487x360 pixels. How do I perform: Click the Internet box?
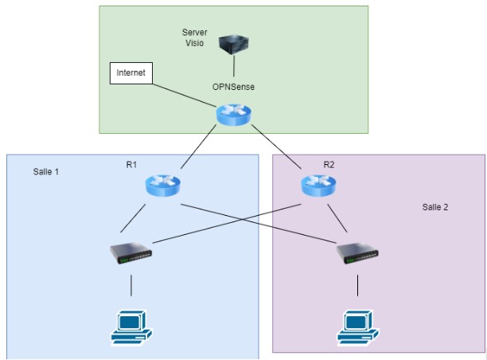pyautogui.click(x=131, y=73)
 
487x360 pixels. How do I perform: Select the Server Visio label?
pyautogui.click(x=195, y=37)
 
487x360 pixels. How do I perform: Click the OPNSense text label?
pyautogui.click(x=233, y=85)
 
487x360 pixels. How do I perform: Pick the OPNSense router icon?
pyautogui.click(x=233, y=116)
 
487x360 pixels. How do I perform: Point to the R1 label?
pyautogui.click(x=132, y=164)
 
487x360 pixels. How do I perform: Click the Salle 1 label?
pyautogui.click(x=46, y=172)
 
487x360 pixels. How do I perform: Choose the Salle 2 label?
pyautogui.click(x=435, y=207)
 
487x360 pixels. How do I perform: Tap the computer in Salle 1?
pyautogui.click(x=130, y=325)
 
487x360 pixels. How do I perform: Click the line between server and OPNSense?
pyautogui.click(x=235, y=66)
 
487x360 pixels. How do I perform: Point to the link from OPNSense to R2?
pyautogui.click(x=275, y=149)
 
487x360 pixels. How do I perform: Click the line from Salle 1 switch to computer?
pyautogui.click(x=131, y=285)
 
